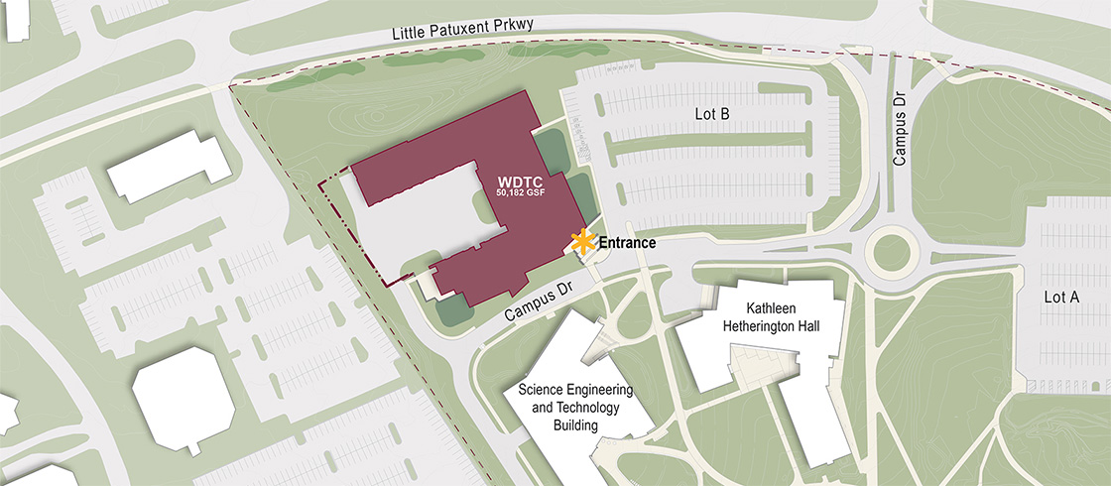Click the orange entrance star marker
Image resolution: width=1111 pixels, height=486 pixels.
click(582, 241)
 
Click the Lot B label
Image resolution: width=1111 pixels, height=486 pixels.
click(712, 115)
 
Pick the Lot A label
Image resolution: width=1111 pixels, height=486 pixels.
click(1060, 297)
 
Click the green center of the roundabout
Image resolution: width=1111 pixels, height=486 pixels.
click(891, 253)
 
